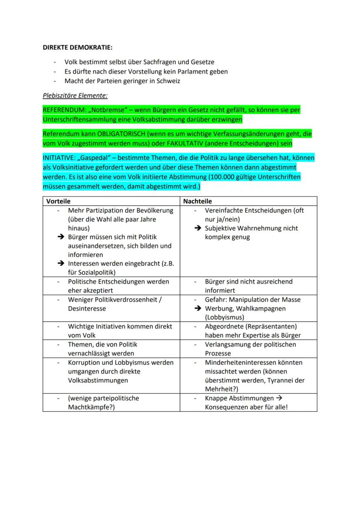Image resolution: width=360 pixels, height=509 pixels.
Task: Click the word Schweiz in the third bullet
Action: click(169, 80)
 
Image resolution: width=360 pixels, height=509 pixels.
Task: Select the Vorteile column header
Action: click(58, 201)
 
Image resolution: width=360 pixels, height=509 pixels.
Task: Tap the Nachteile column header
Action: click(197, 201)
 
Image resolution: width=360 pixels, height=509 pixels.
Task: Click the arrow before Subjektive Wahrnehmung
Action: click(198, 228)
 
